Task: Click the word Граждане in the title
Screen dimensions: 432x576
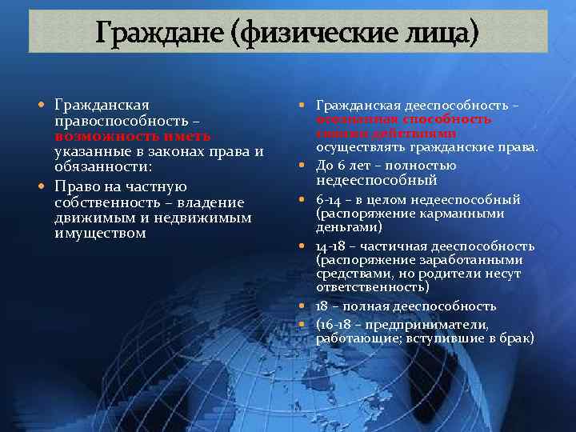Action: point(152,33)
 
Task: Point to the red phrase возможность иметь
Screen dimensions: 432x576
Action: point(133,136)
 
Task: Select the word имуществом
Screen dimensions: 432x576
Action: point(101,233)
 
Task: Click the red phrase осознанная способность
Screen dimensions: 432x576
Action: point(404,119)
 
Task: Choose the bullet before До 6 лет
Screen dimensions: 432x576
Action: point(305,166)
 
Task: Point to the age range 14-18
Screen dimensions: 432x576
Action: point(333,246)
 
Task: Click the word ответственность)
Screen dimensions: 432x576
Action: point(373,286)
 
